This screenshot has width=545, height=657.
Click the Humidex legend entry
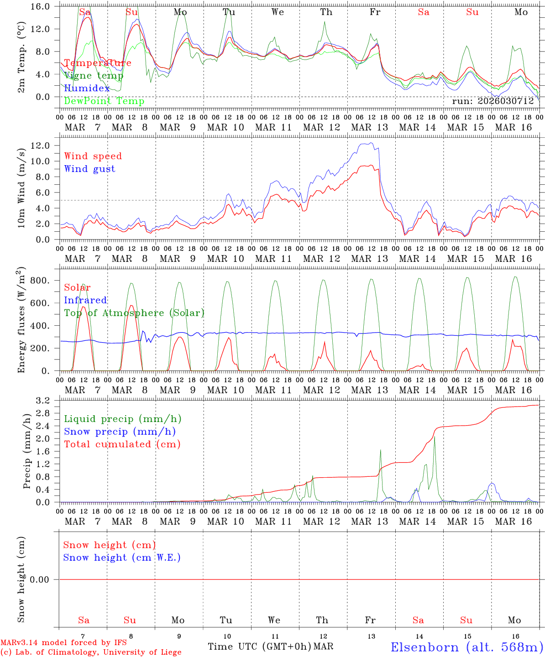coord(87,89)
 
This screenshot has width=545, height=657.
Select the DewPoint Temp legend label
coord(104,101)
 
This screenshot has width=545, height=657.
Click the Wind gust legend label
coord(89,169)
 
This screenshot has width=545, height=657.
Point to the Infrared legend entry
coord(85,300)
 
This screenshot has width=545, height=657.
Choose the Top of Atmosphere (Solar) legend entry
coord(134,313)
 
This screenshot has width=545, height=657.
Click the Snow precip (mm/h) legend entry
coord(120,432)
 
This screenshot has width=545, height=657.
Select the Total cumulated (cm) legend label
coord(122,444)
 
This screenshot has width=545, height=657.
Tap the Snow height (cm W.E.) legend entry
coord(121,558)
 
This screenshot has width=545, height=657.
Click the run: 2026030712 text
coord(493,101)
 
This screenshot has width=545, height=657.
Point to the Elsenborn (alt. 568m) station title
coord(466,647)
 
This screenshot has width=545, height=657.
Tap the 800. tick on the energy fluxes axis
coord(40,281)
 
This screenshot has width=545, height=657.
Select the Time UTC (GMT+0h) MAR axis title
coord(270,647)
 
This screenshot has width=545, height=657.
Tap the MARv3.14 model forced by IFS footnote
coord(63,643)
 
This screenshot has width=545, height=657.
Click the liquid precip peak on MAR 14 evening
coord(434,437)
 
